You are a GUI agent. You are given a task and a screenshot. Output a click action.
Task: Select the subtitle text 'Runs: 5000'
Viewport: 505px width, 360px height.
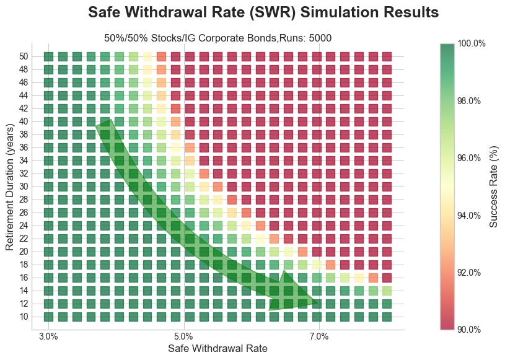click(x=307, y=38)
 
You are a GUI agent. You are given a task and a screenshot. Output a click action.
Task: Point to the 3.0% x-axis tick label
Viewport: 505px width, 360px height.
click(x=48, y=336)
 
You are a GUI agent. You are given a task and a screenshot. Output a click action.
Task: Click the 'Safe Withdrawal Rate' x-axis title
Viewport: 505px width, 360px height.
click(x=217, y=349)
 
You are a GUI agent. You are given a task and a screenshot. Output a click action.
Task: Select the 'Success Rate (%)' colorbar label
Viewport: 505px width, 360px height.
click(x=494, y=186)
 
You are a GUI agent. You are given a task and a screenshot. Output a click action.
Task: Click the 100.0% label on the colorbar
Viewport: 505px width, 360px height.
click(x=471, y=43)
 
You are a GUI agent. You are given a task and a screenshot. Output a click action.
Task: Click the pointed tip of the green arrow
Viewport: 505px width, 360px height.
click(x=318, y=303)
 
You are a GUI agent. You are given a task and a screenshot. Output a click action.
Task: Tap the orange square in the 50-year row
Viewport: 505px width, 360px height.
click(x=162, y=56)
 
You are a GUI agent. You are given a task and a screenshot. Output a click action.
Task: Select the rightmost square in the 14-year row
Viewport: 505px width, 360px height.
click(x=387, y=291)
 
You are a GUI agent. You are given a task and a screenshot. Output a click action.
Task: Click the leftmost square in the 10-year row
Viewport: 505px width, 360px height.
click(x=49, y=317)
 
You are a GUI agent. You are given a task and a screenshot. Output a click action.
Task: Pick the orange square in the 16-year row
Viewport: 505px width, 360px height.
click(x=373, y=278)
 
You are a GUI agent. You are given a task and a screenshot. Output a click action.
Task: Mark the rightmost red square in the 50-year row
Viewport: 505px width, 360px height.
click(x=387, y=56)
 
